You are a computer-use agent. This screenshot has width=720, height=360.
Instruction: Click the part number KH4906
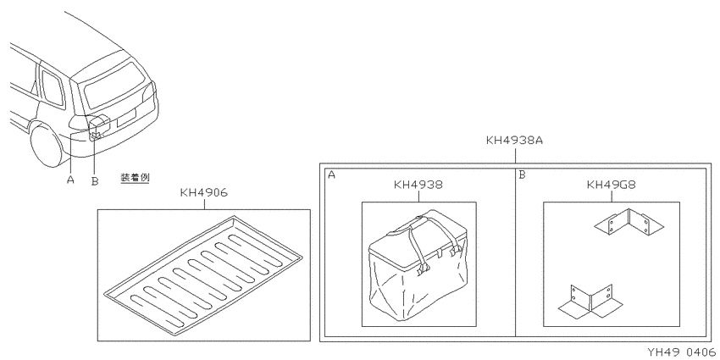click(x=203, y=193)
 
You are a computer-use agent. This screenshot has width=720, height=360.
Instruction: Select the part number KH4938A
click(x=514, y=140)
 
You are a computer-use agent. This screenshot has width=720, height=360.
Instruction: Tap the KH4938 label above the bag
click(x=418, y=185)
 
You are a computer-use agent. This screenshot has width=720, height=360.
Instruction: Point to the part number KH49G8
click(x=612, y=185)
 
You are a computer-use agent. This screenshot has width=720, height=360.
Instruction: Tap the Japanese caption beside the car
click(x=135, y=178)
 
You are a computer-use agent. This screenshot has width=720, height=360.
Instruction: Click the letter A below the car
click(x=70, y=179)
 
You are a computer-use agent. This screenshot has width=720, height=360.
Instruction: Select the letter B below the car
click(x=95, y=181)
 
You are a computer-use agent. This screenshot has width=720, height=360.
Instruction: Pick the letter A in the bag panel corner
click(x=331, y=174)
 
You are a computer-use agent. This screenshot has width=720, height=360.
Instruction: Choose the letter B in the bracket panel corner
click(x=522, y=174)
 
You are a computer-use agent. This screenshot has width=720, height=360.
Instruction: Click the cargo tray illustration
click(x=203, y=275)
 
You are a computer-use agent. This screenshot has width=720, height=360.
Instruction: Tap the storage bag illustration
click(x=418, y=265)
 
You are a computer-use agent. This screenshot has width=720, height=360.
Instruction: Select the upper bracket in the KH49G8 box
click(x=629, y=222)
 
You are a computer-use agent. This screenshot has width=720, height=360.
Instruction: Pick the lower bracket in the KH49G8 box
click(x=591, y=302)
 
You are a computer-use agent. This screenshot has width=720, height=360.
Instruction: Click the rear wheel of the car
click(x=47, y=145)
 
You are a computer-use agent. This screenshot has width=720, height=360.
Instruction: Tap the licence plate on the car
click(x=127, y=118)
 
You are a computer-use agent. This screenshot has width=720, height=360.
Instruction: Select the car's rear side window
click(x=52, y=88)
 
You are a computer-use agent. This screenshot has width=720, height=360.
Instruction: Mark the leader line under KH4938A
click(x=515, y=155)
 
